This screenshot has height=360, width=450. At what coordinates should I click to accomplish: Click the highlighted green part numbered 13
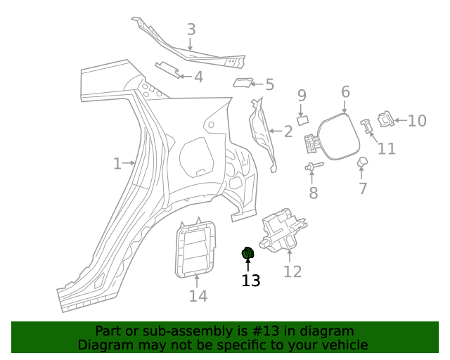point(247,254)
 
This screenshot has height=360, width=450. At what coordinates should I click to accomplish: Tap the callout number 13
point(251,281)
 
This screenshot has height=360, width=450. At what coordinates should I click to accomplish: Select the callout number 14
point(198,297)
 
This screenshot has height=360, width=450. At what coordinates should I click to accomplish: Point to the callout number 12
point(292,272)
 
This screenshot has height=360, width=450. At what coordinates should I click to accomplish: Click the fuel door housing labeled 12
point(285,229)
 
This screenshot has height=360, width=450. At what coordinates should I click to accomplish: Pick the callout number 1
point(117,164)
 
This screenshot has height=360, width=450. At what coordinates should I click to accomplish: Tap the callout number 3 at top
point(191,30)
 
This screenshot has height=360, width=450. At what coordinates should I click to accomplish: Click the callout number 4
point(199,77)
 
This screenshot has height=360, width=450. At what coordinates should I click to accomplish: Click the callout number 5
point(269,86)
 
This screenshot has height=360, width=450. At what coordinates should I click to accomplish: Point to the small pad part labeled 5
point(243,83)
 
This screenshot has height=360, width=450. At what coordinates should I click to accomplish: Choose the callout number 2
point(288,131)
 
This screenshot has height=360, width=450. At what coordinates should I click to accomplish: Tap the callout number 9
point(302,96)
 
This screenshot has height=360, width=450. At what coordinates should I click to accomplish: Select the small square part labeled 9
point(303,120)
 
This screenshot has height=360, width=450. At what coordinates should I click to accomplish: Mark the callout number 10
point(417,121)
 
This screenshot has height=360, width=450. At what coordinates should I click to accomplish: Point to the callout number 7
point(363,188)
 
